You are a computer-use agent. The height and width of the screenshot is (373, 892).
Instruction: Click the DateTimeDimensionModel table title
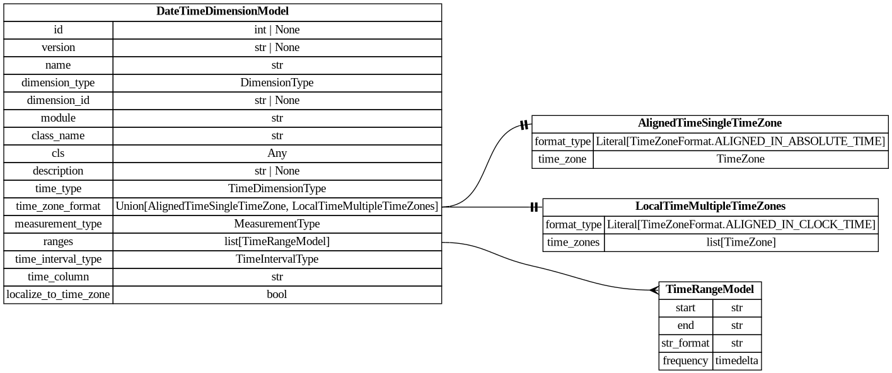coord(223,11)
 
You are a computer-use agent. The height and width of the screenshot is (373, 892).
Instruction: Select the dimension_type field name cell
coord(58,83)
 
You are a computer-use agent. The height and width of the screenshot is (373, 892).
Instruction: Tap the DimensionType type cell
coord(277,83)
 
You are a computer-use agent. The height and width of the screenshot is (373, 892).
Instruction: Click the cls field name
coord(58,153)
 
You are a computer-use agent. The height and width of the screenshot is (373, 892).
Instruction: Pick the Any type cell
coord(277,153)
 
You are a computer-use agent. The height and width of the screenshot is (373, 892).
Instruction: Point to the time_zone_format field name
coord(58,206)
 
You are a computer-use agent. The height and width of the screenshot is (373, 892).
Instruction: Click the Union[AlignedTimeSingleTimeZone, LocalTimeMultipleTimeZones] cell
coord(277,206)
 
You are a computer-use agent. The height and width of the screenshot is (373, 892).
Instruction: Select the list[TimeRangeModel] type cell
coord(277,241)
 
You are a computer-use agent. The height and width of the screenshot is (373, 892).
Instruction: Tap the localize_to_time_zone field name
coord(58,294)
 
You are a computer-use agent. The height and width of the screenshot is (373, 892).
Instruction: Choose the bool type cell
coord(277,294)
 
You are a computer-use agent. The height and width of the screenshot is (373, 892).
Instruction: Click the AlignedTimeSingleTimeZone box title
coord(710,123)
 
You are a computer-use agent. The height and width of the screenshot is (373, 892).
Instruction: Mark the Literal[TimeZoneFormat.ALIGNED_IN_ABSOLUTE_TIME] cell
coord(740,141)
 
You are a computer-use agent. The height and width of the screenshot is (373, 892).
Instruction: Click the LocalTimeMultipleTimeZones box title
coord(710,207)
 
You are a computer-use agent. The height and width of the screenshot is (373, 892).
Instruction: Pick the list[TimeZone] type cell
coord(741,242)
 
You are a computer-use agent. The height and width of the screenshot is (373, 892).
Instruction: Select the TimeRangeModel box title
coord(710,290)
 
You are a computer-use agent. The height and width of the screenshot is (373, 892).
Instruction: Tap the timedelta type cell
coord(737,361)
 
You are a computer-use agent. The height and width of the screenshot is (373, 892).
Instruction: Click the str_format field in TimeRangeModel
coord(685,343)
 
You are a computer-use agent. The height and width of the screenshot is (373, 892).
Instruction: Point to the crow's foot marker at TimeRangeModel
coord(653,290)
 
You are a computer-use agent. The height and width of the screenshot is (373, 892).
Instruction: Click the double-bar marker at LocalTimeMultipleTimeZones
coord(535,207)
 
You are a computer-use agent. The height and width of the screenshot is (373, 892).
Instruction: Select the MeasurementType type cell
coord(277,224)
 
